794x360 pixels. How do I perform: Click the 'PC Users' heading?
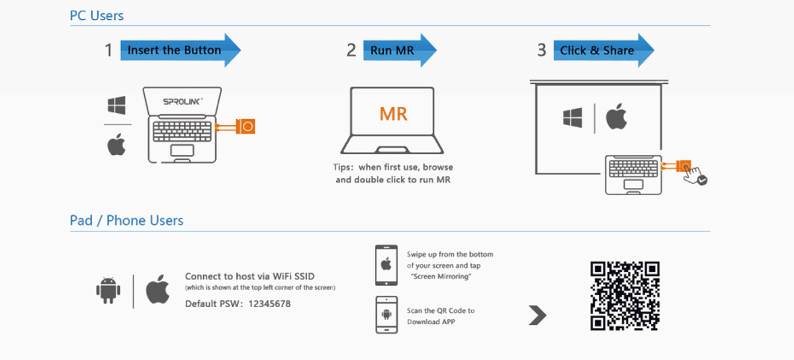97,15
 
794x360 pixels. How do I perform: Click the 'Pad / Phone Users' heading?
126,220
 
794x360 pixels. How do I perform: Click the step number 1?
109,50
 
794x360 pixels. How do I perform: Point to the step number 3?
541,50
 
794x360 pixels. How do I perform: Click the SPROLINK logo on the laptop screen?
183,102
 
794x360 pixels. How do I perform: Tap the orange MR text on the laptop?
393,113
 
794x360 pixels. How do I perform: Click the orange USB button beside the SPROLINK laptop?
247,126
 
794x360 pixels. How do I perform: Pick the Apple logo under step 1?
116,145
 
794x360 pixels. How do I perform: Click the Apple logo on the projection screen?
617,118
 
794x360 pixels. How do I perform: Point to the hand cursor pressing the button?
695,175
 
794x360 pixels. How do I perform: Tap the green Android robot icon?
107,290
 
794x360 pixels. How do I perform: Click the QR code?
625,296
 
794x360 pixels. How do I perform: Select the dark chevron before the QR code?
537,316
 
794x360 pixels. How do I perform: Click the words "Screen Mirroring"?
441,276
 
